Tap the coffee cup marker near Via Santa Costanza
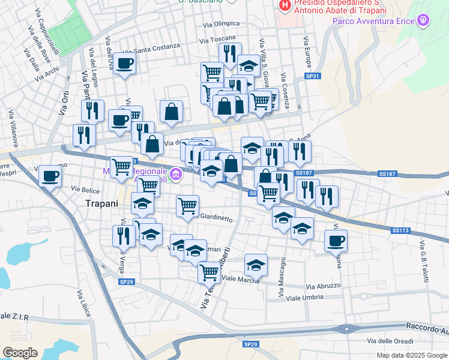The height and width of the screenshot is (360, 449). click(x=124, y=64)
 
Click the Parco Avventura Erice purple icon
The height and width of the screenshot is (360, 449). click(x=424, y=21)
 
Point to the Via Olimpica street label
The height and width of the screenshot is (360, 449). click(x=221, y=24)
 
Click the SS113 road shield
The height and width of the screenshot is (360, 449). click(x=400, y=230)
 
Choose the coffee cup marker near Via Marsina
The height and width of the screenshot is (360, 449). click(x=336, y=241)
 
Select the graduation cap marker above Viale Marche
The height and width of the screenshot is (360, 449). click(x=256, y=265)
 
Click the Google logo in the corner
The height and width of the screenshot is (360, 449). click(x=20, y=353)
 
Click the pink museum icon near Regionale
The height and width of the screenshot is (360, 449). click(x=175, y=175)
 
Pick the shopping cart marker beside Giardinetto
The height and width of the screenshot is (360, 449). click(x=187, y=206)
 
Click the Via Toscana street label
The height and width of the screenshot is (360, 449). click(x=218, y=39)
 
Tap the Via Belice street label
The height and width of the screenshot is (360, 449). click(x=85, y=188)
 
